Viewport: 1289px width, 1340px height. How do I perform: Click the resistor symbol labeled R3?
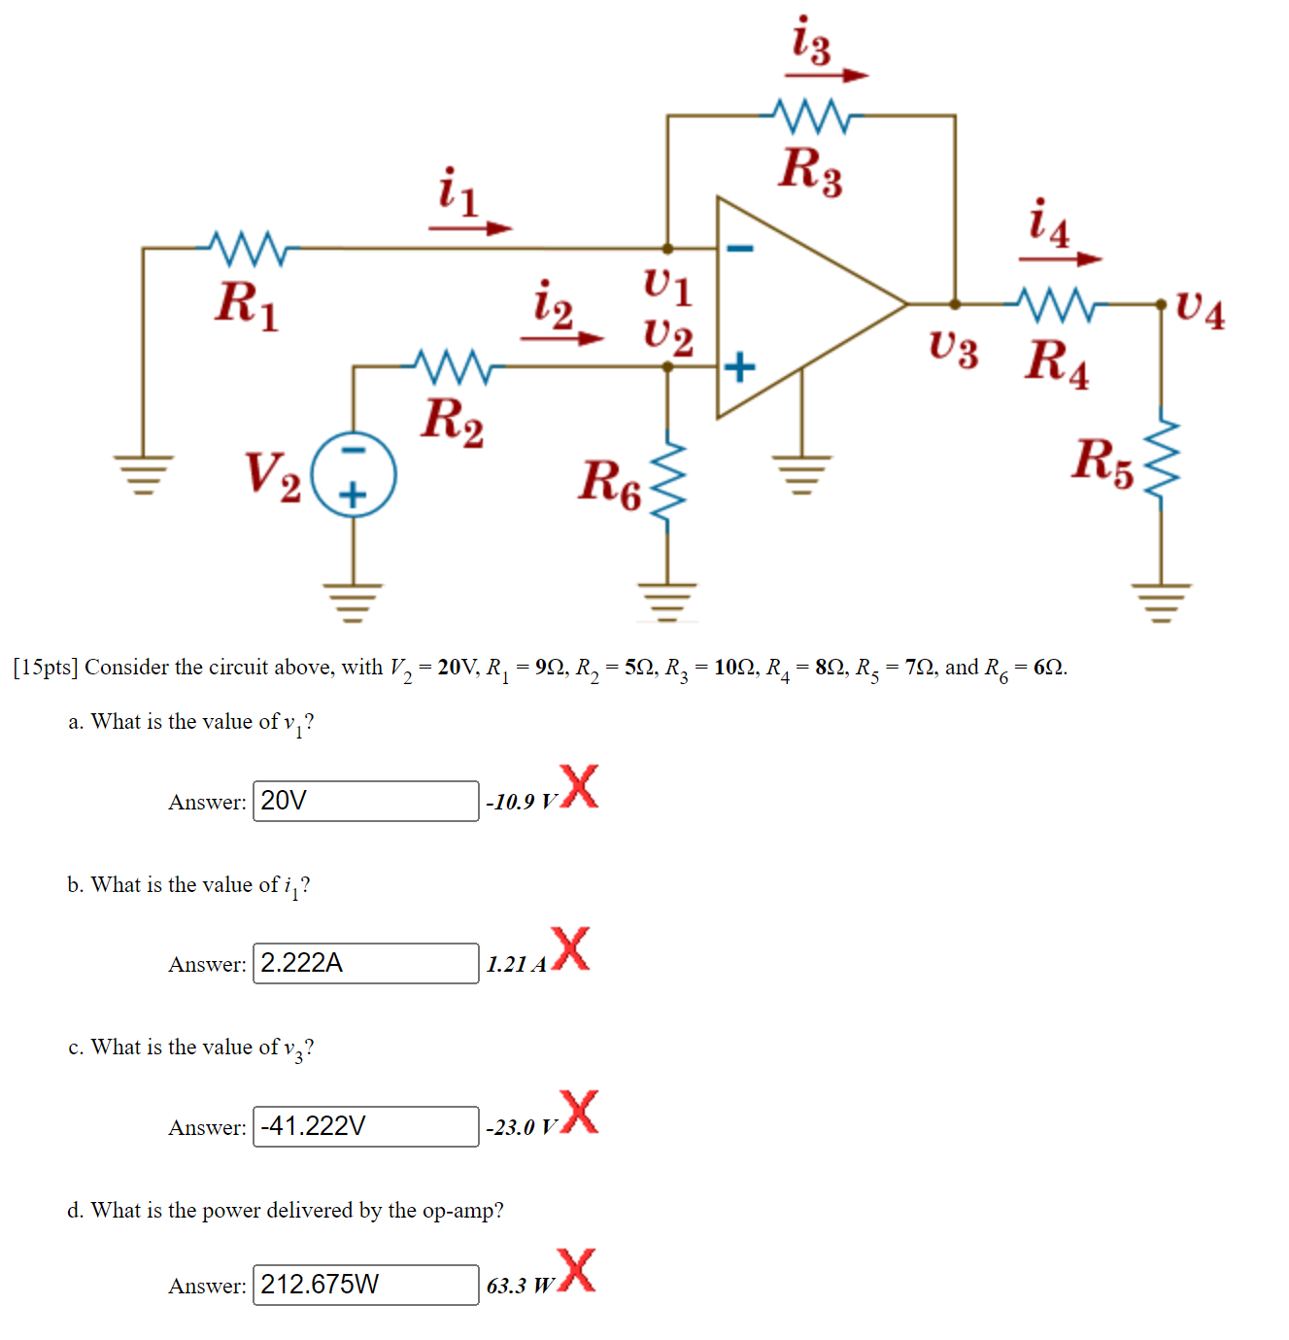[x=809, y=116]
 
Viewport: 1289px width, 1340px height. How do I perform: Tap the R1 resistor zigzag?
[x=248, y=249]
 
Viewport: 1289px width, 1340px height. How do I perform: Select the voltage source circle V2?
[x=354, y=474]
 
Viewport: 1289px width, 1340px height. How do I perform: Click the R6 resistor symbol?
[x=667, y=484]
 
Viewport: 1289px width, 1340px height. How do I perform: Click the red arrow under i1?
[x=470, y=228]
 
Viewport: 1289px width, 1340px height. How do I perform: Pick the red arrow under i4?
[x=1060, y=258]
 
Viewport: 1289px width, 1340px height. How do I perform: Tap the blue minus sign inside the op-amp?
[x=740, y=249]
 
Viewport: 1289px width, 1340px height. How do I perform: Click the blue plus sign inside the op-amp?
[x=740, y=367]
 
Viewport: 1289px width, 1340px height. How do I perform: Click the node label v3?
[x=953, y=348]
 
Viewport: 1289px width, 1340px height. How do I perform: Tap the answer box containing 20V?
[x=365, y=801]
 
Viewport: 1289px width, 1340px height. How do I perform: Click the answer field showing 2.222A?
[x=365, y=963]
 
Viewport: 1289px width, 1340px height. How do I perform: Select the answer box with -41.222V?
[x=365, y=1126]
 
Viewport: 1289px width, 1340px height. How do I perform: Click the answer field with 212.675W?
[x=365, y=1285]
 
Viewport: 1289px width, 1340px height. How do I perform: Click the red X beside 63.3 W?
[x=577, y=1271]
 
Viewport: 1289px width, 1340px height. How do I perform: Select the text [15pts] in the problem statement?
[x=45, y=668]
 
